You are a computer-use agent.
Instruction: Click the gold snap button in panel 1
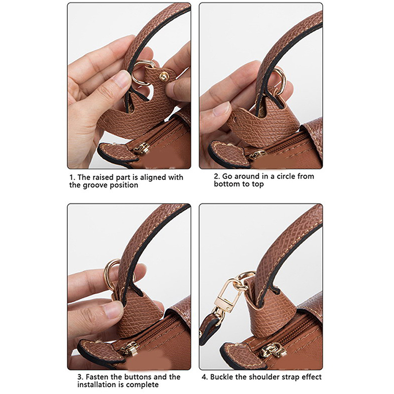pyautogui.click(x=164, y=76)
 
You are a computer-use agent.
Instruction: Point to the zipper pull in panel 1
pyautogui.click(x=142, y=148)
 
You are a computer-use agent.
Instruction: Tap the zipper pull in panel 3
pyautogui.click(x=131, y=349)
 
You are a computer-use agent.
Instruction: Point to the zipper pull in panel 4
pyautogui.click(x=273, y=351)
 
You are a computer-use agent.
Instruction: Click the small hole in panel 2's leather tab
pyautogui.click(x=236, y=118)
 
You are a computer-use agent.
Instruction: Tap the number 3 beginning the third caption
pyautogui.click(x=80, y=377)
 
